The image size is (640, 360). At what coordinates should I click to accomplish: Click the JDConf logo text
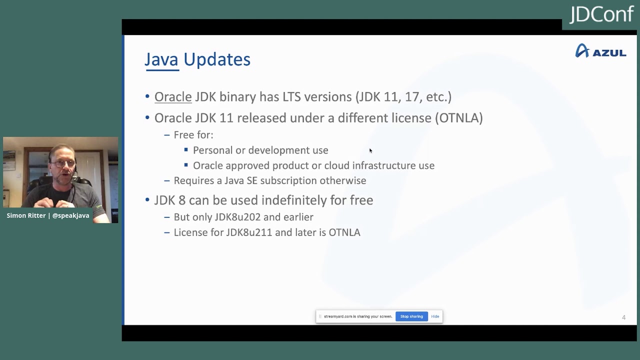click(601, 14)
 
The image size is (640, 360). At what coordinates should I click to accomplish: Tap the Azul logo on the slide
click(600, 51)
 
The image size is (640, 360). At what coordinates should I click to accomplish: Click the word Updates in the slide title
click(216, 59)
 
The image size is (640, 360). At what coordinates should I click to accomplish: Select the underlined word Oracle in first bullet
click(173, 96)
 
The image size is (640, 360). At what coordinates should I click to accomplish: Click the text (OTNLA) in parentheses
click(458, 118)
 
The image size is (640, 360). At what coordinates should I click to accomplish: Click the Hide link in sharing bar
click(435, 316)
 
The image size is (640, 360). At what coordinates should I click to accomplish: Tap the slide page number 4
click(623, 317)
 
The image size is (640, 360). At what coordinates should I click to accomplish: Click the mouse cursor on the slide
click(370, 150)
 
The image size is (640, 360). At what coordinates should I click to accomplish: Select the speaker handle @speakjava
click(70, 215)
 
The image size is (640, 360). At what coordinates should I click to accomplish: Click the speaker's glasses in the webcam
click(63, 163)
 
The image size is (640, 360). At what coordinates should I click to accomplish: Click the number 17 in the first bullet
click(411, 96)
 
